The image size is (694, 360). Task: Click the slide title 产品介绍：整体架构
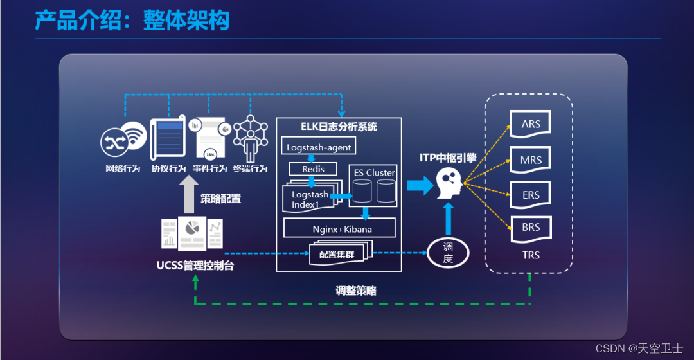[x=132, y=21]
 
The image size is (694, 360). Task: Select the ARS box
[x=531, y=124]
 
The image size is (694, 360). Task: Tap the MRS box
[x=531, y=160]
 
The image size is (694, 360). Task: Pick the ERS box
[x=531, y=195]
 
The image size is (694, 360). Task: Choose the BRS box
[x=531, y=228]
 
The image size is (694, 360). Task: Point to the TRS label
[x=531, y=255]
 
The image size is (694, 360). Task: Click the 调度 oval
[x=448, y=253]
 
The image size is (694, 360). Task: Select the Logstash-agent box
[x=319, y=147]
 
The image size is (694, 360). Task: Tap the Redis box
[x=313, y=169]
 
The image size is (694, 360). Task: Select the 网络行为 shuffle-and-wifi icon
[x=122, y=140]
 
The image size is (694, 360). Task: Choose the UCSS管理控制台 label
[x=195, y=265]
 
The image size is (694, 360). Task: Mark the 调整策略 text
[x=355, y=291]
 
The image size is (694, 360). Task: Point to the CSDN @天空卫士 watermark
[x=639, y=348]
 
